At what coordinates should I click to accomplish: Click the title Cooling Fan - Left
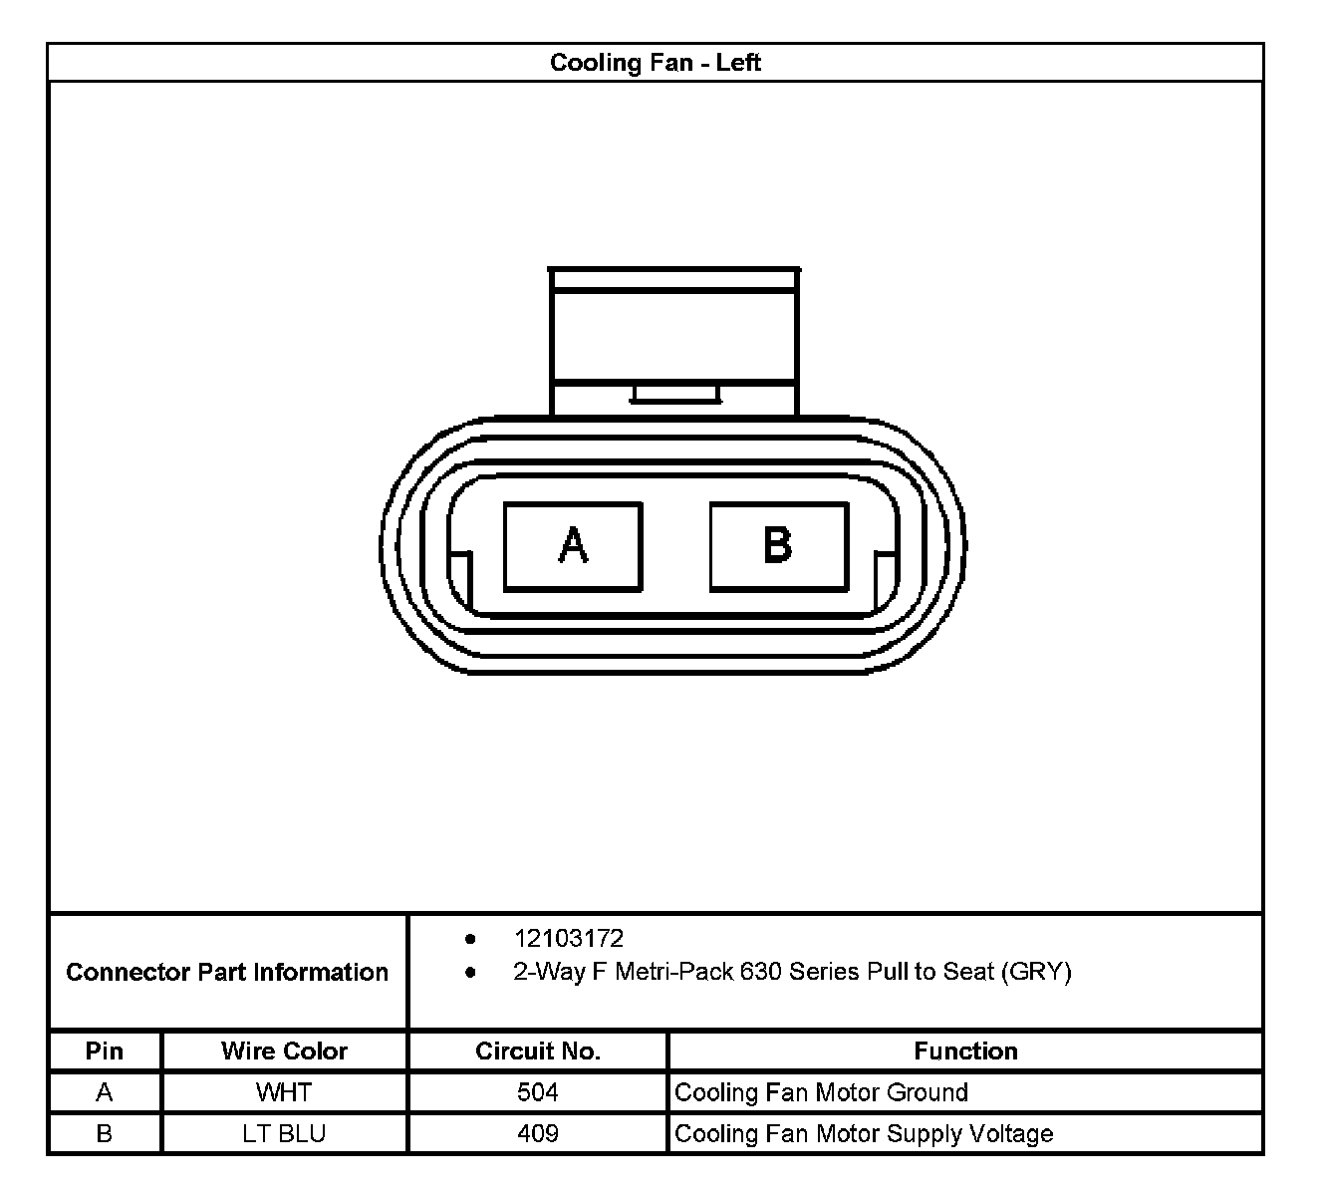(x=656, y=63)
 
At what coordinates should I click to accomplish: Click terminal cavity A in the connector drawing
(x=573, y=546)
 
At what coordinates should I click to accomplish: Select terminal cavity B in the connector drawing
(x=778, y=546)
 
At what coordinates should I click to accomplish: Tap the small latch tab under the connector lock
(x=674, y=394)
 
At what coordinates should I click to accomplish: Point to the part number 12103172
(x=568, y=938)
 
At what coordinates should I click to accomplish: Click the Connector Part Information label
(x=227, y=972)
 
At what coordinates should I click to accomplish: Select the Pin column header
(x=105, y=1050)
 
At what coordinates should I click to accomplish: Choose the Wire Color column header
(x=284, y=1050)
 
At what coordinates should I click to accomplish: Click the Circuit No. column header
(x=538, y=1050)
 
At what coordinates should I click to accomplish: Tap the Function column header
(x=965, y=1050)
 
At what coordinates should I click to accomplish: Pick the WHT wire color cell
(x=284, y=1092)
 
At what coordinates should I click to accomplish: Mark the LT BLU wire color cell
(x=284, y=1133)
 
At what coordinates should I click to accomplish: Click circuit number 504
(x=538, y=1092)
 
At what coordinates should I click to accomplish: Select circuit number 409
(x=538, y=1133)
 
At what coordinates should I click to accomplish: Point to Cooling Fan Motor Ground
(x=821, y=1092)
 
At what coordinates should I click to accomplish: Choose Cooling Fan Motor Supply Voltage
(x=864, y=1133)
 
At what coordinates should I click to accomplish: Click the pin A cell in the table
(x=105, y=1092)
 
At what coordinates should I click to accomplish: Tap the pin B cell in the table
(x=105, y=1133)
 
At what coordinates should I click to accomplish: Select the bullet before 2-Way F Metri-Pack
(x=470, y=972)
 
